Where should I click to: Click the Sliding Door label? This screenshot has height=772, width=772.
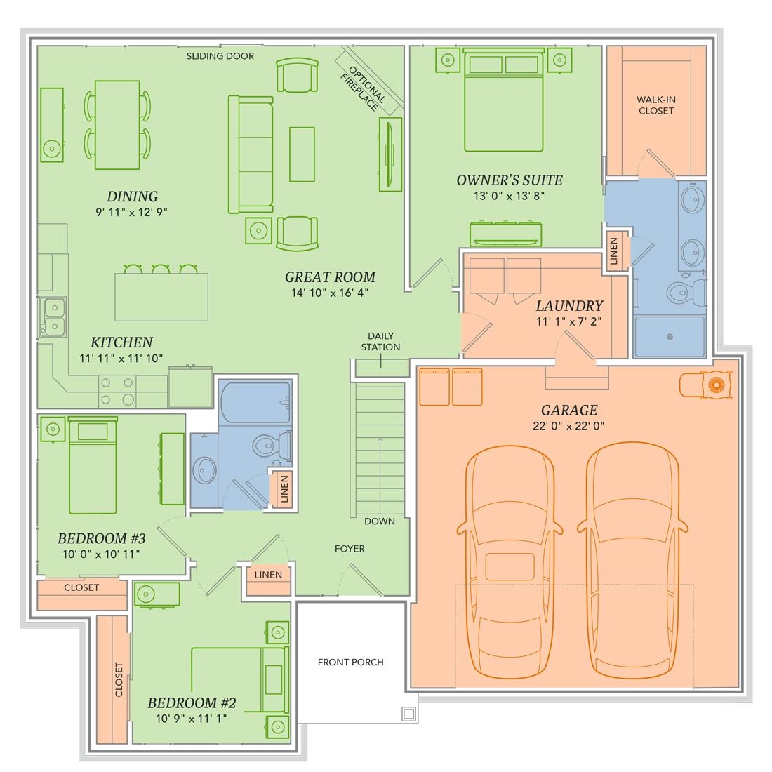click(220, 56)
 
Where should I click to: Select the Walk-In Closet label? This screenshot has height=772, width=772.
click(655, 105)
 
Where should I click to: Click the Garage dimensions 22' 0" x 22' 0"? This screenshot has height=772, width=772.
click(568, 426)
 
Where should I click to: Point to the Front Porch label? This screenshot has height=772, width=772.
click(350, 663)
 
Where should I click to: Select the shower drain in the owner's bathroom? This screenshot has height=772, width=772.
click(670, 337)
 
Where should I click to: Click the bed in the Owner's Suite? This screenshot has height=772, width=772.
click(503, 100)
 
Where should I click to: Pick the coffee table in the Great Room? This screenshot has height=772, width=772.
click(302, 154)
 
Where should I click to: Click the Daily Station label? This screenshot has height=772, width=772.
click(380, 341)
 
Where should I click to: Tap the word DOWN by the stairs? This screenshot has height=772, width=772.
click(380, 521)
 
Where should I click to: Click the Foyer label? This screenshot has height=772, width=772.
click(350, 549)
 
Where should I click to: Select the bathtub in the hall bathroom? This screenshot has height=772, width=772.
click(255, 402)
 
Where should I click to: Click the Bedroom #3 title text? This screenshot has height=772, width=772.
click(102, 538)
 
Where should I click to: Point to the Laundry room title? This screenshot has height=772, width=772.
click(569, 306)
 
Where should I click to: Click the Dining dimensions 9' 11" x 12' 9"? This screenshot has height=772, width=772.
click(131, 212)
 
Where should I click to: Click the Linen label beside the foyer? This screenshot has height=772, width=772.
click(268, 575)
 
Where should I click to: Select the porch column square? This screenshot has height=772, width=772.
click(408, 714)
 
